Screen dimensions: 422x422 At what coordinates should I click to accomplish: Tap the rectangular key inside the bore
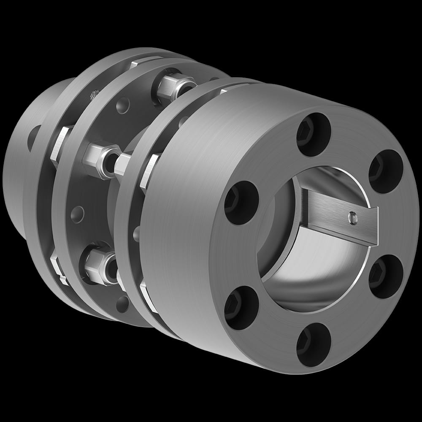click(x=338, y=215)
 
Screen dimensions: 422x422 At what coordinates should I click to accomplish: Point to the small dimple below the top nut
click(x=123, y=103)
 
